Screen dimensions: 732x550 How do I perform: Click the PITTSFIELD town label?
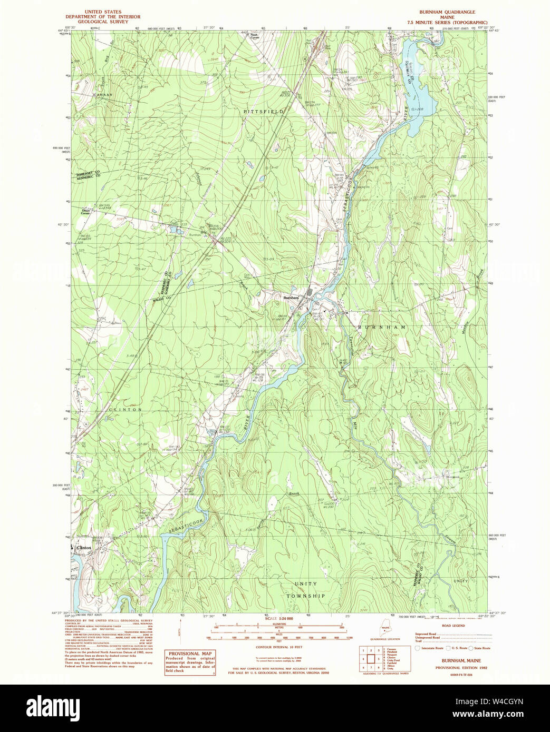tap(263, 112)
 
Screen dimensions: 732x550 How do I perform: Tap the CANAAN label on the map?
tap(103, 95)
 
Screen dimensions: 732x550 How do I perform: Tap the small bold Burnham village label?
tap(291, 298)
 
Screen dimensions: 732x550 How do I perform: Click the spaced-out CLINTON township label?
tap(126, 409)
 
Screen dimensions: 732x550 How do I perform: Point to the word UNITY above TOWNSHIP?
tap(305, 583)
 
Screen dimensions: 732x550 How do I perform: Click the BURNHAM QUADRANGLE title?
tap(447, 12)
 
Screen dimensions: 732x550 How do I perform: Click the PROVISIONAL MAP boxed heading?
tap(190, 654)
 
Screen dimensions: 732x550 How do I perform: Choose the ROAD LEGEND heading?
tap(453, 626)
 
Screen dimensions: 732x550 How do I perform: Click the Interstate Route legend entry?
tap(429, 648)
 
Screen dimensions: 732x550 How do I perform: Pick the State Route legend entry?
tap(481, 648)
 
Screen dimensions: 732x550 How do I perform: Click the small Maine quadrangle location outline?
tap(385, 630)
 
